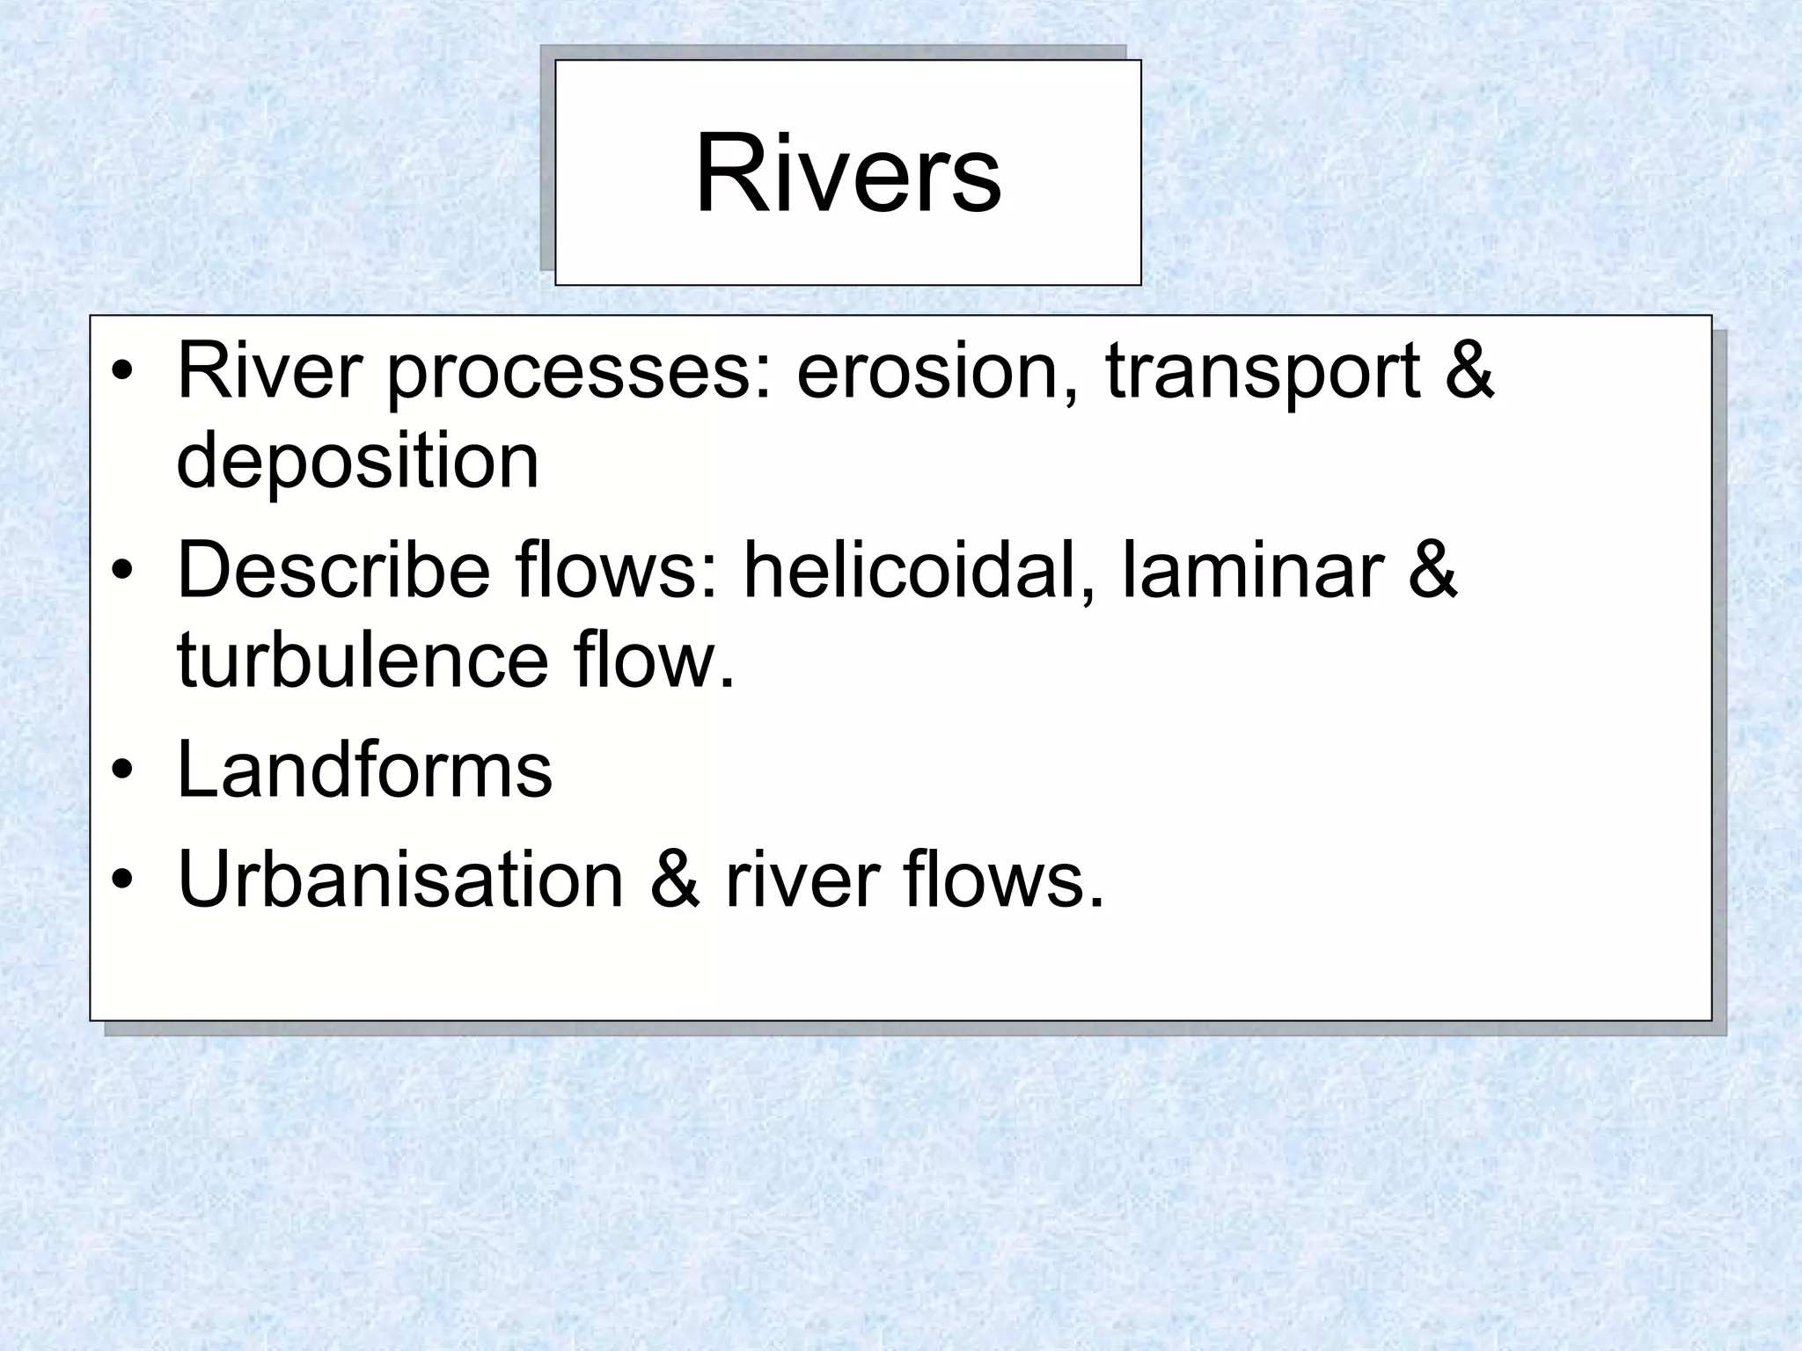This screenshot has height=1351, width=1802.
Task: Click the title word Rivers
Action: click(x=847, y=173)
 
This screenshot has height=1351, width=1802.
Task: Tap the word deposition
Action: click(x=357, y=464)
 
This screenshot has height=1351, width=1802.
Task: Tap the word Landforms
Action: click(x=364, y=770)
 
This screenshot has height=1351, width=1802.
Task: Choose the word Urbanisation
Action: click(x=400, y=879)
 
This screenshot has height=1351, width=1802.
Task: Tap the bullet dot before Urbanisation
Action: click(x=123, y=880)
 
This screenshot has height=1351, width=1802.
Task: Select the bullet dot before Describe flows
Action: click(x=123, y=573)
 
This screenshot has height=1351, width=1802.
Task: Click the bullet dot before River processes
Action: click(x=123, y=372)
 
